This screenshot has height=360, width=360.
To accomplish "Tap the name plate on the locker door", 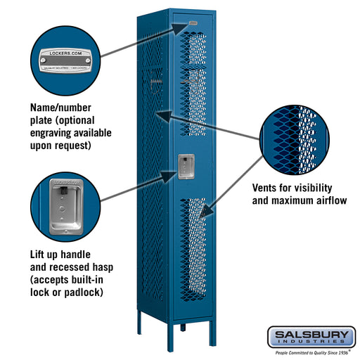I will [193, 25].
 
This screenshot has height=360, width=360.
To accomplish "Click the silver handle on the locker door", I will [185, 167].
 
